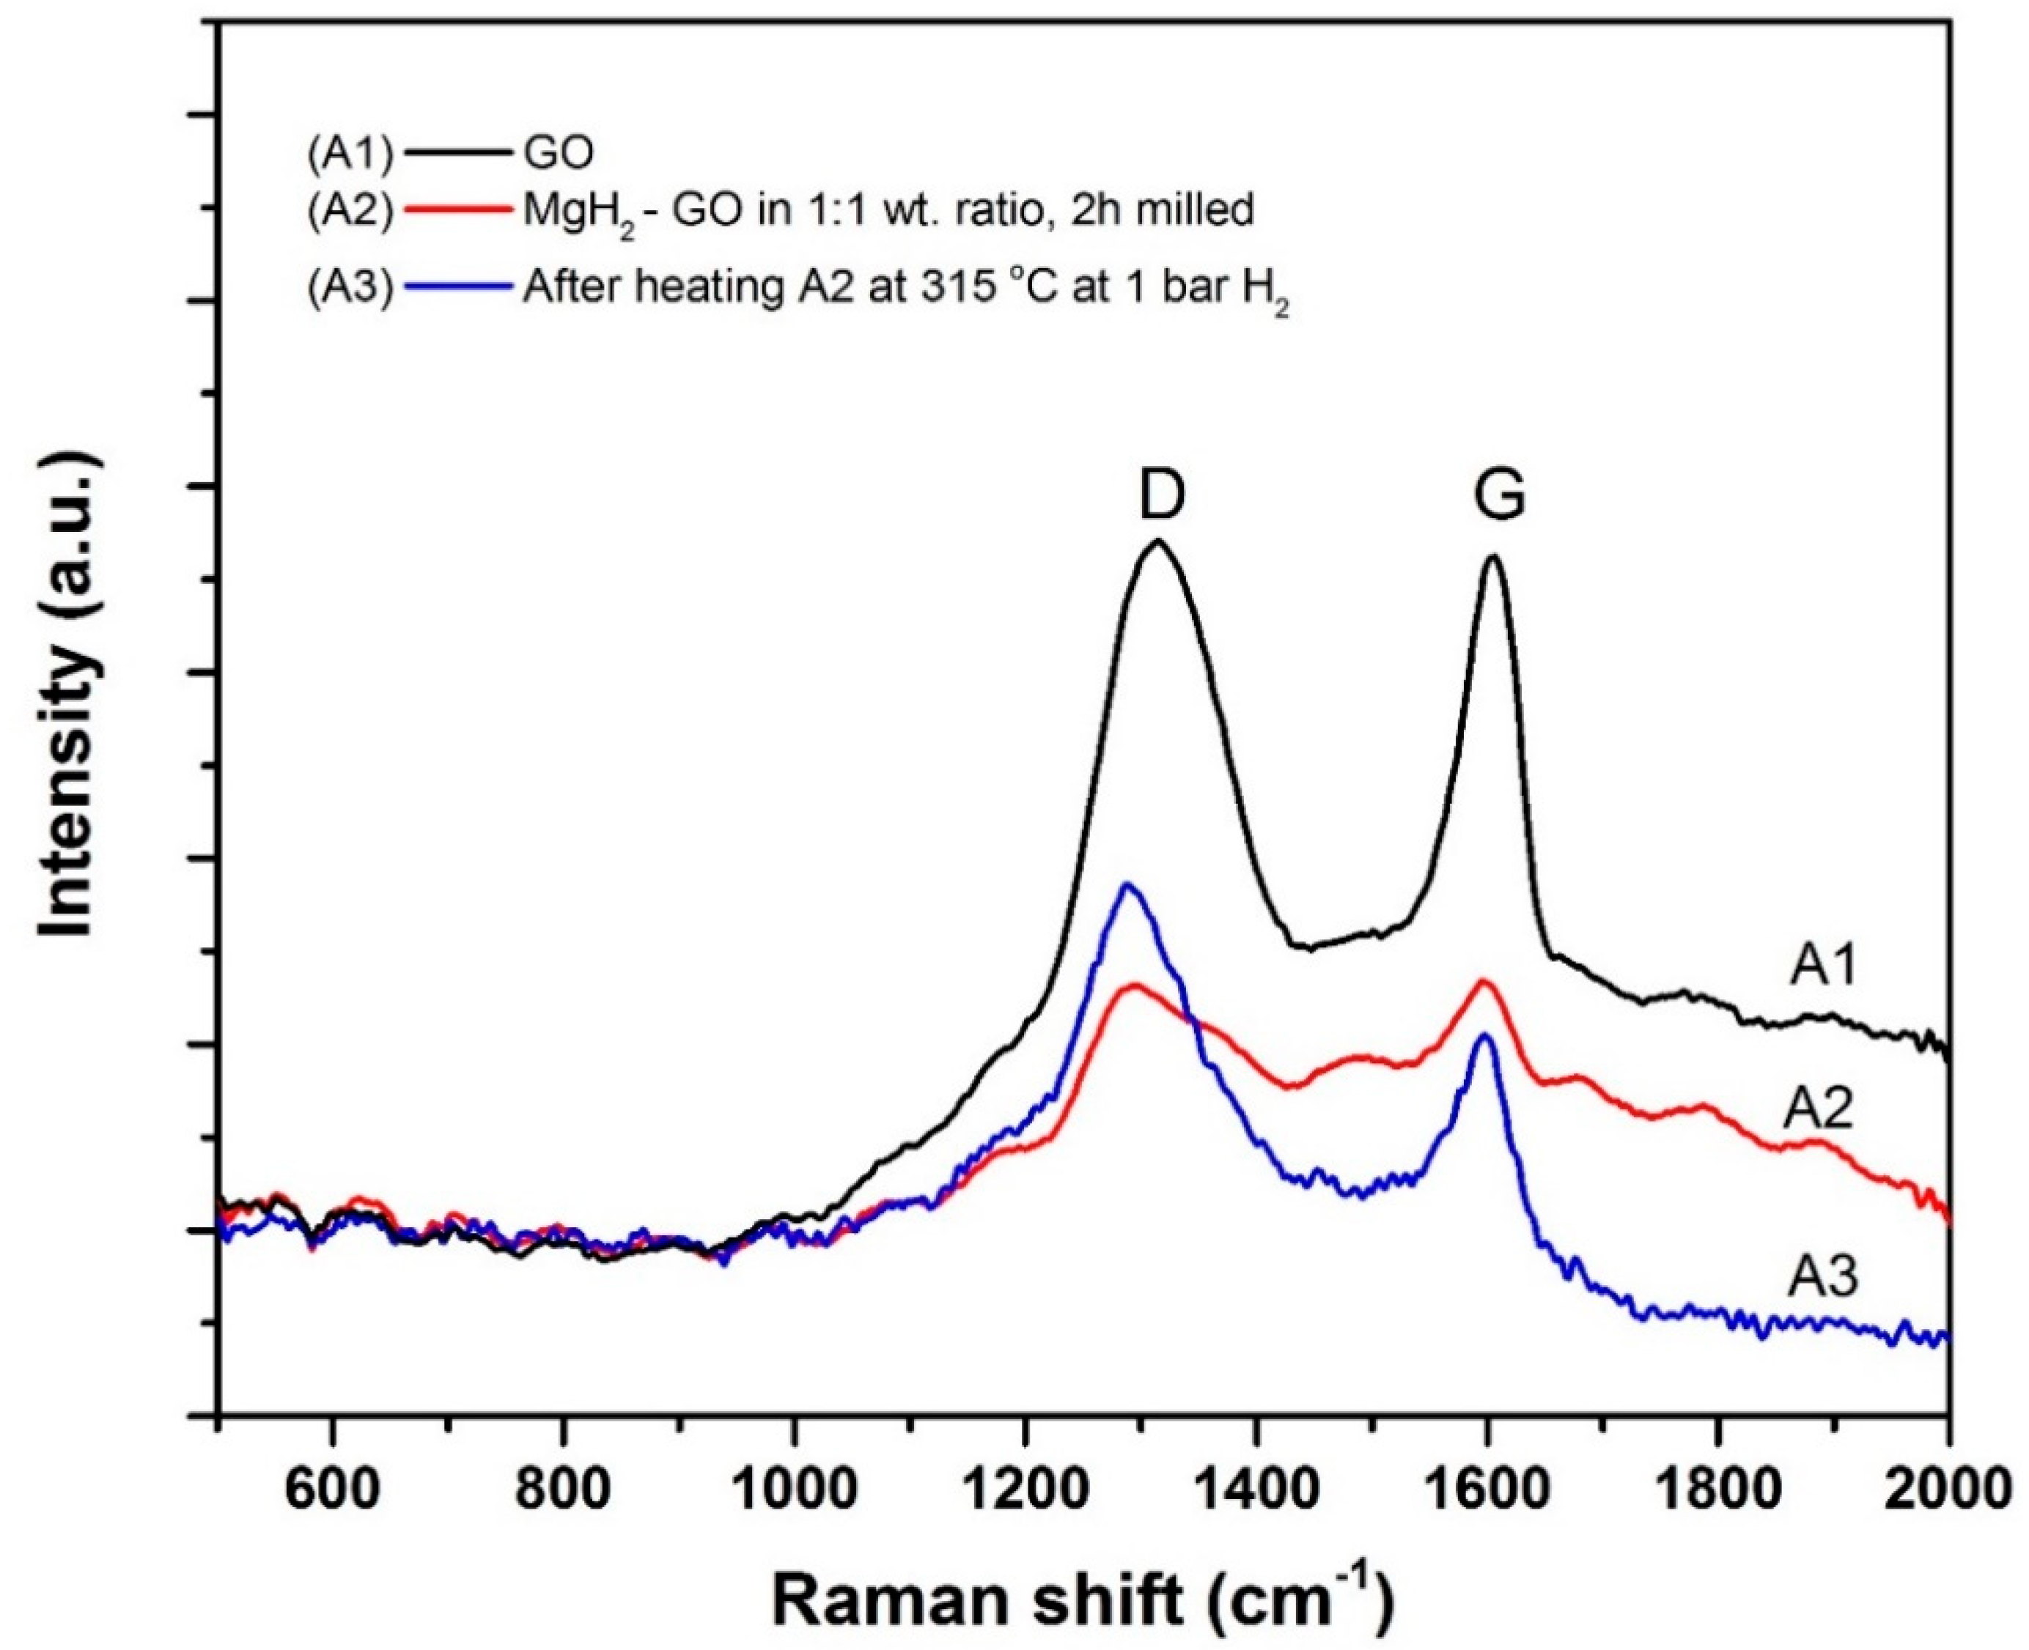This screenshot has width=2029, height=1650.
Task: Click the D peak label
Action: (1162, 495)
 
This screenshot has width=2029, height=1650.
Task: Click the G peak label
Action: (1500, 495)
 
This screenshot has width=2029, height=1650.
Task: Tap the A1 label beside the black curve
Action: (1823, 966)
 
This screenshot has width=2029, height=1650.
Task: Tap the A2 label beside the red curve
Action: (1818, 1109)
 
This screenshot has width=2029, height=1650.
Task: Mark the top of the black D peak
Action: (1157, 541)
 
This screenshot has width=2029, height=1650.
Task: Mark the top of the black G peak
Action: (1492, 557)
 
